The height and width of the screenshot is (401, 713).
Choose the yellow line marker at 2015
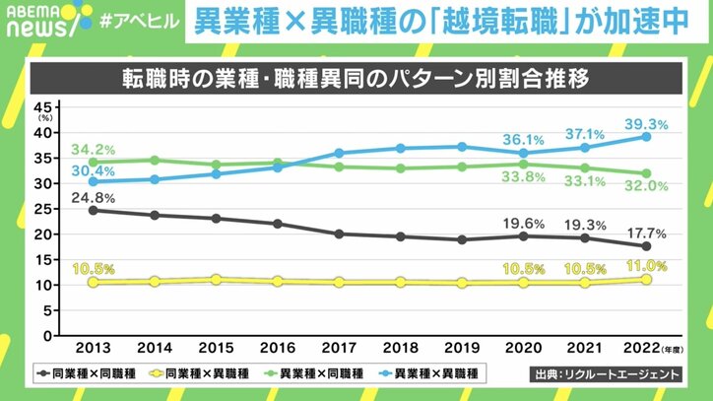217,280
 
